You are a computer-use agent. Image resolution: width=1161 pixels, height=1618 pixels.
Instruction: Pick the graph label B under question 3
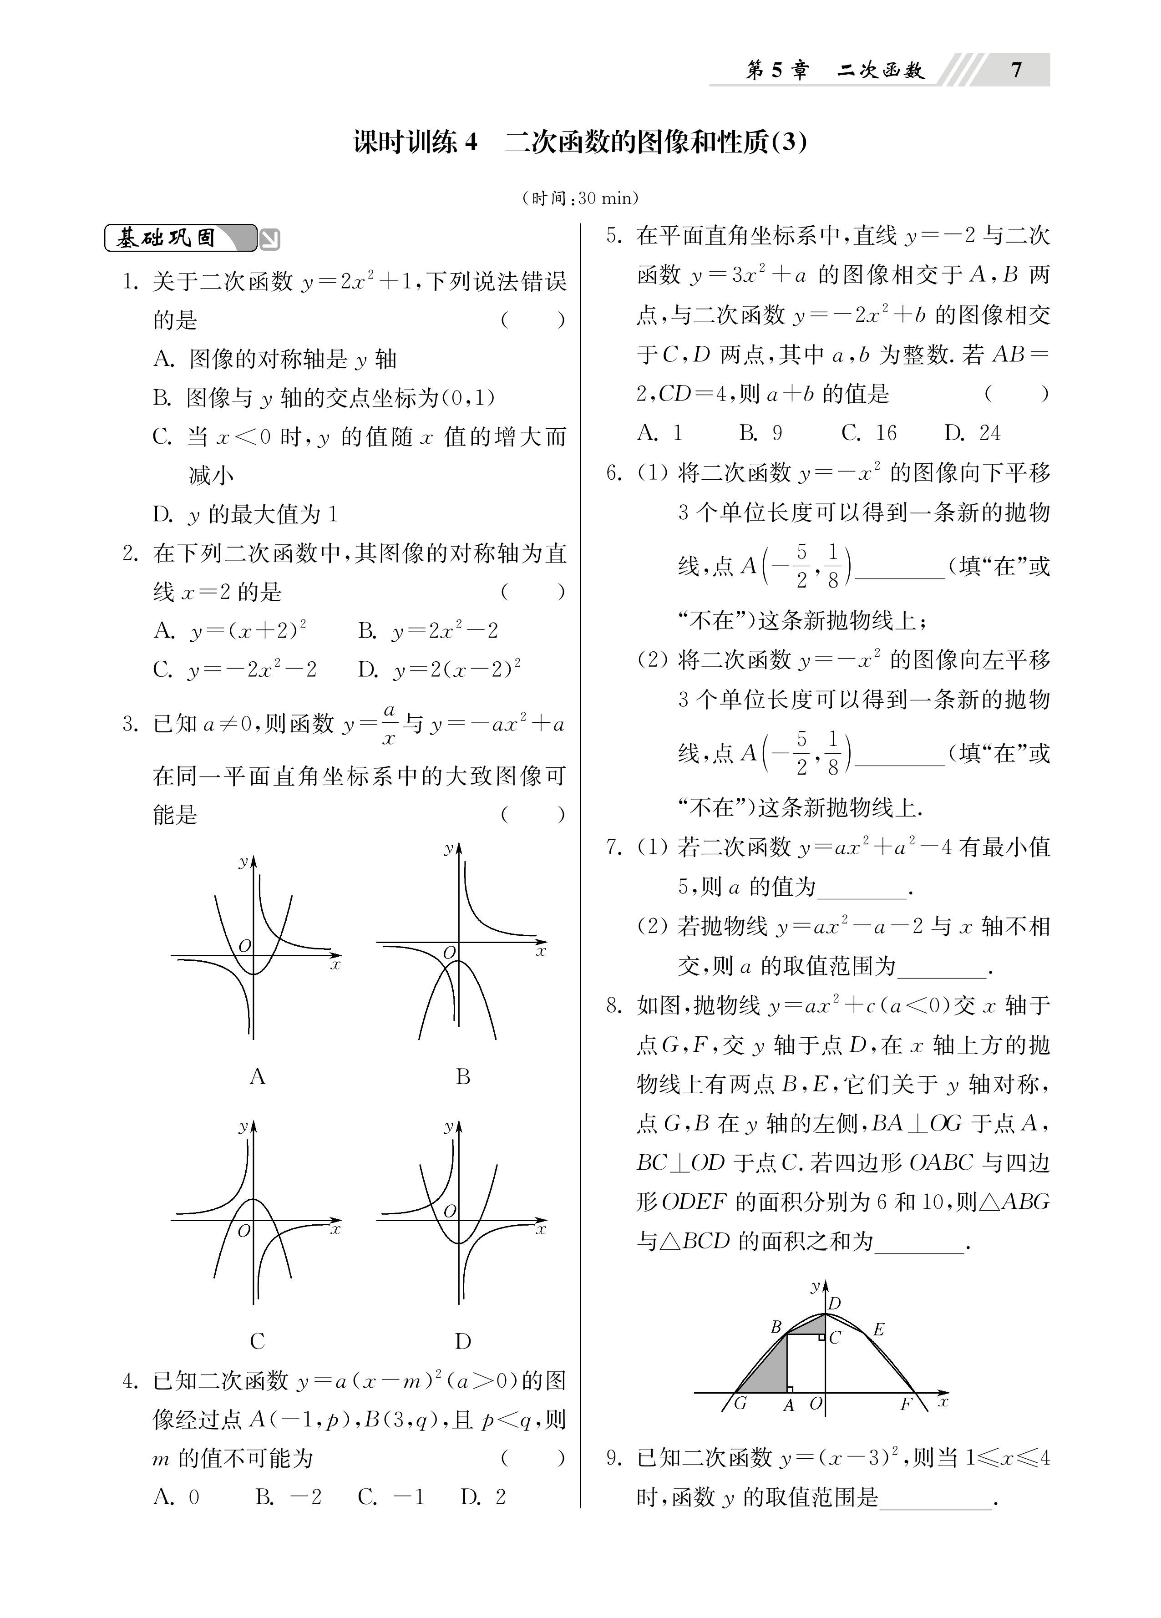point(462,1076)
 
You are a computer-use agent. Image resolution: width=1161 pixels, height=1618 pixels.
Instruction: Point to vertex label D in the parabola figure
point(834,1304)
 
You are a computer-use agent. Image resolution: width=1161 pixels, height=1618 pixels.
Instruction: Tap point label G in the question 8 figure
point(740,1403)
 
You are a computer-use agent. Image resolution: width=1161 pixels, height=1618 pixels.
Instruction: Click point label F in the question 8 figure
point(906,1404)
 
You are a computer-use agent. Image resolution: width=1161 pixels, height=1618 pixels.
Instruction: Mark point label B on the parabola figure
point(776,1327)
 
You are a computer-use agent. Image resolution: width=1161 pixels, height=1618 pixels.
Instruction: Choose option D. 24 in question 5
point(972,432)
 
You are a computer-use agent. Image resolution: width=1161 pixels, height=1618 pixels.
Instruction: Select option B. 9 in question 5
point(760,432)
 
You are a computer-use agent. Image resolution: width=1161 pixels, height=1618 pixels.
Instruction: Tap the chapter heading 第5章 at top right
point(777,70)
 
